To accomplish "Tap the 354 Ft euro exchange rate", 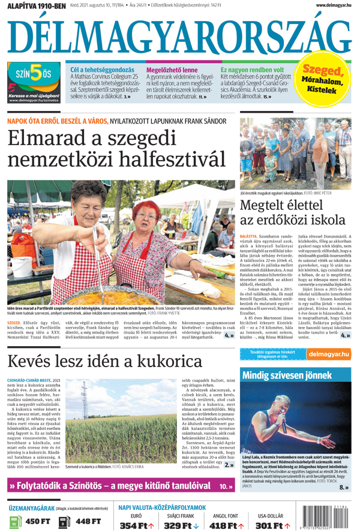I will (136, 525).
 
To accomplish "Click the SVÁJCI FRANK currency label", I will (180, 515).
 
